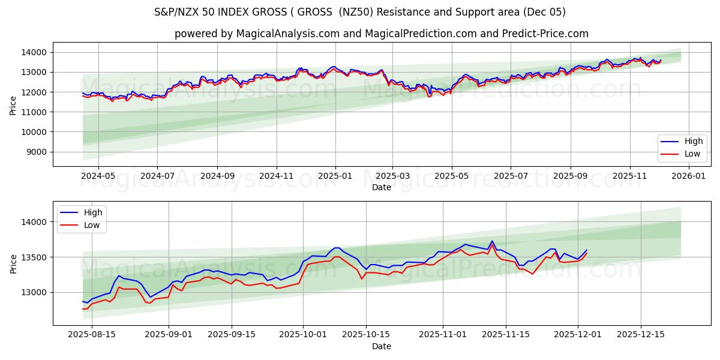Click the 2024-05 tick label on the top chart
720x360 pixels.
click(98, 176)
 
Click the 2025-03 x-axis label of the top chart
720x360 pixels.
click(392, 176)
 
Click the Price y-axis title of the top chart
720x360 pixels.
click(13, 104)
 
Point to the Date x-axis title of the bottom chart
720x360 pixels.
click(381, 346)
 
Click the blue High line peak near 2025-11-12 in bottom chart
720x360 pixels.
click(492, 241)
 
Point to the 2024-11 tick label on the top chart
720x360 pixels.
click(276, 176)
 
